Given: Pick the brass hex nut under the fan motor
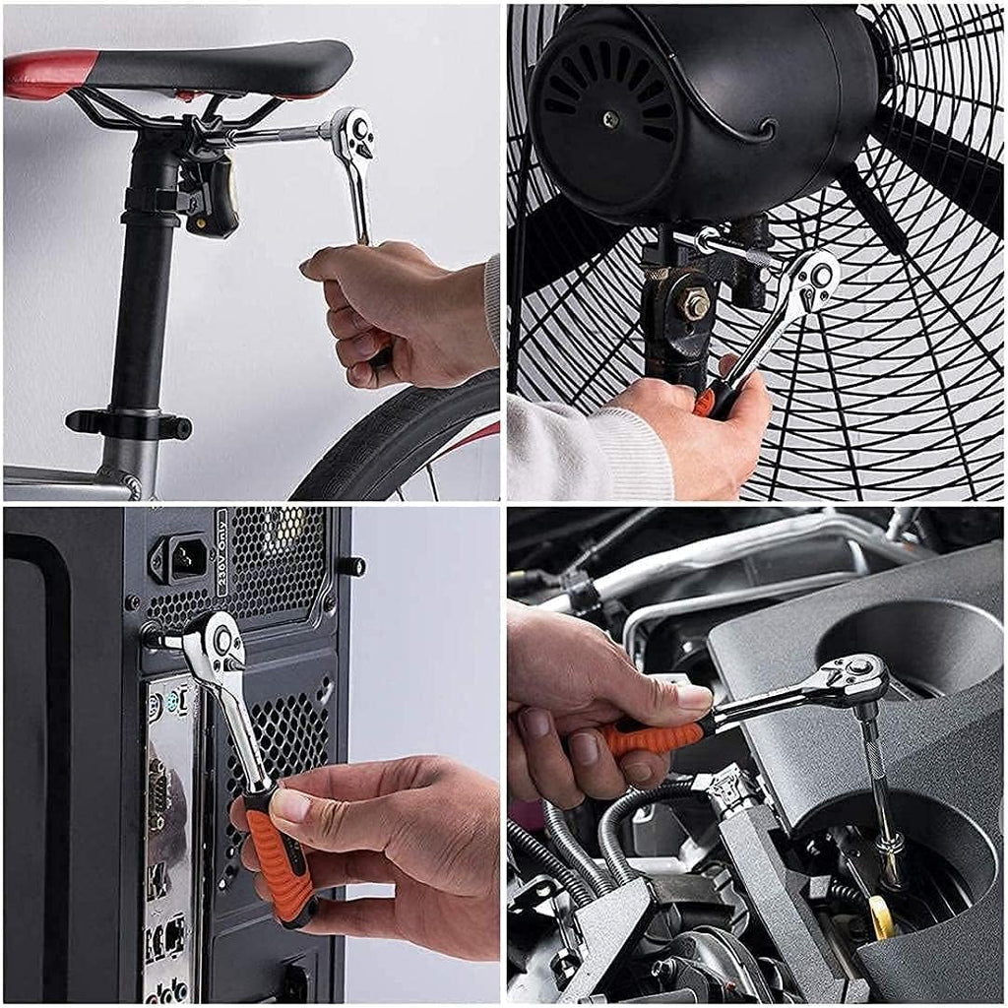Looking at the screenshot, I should coord(696,303).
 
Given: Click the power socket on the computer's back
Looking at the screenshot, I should coord(182,559).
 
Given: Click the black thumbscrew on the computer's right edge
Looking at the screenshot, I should coord(351,566).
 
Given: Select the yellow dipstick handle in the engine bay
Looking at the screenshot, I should coord(881,915).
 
